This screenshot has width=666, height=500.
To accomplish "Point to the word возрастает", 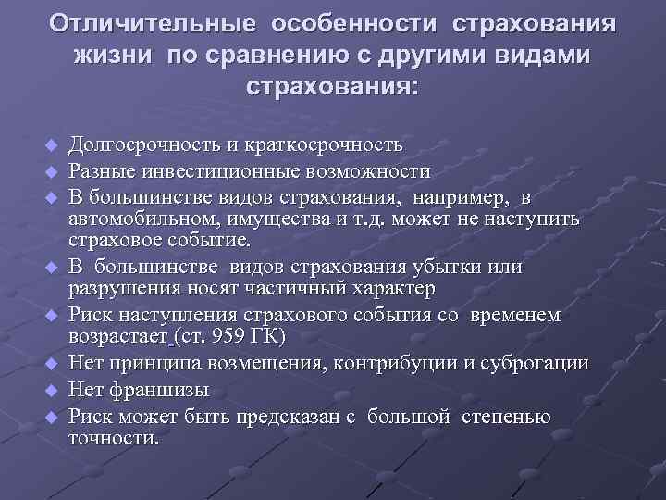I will pyautogui.click(x=119, y=336).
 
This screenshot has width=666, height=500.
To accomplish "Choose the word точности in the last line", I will pyautogui.click(x=114, y=438).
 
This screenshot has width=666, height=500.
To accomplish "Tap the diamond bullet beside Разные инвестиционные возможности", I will pyautogui.click(x=52, y=172).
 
